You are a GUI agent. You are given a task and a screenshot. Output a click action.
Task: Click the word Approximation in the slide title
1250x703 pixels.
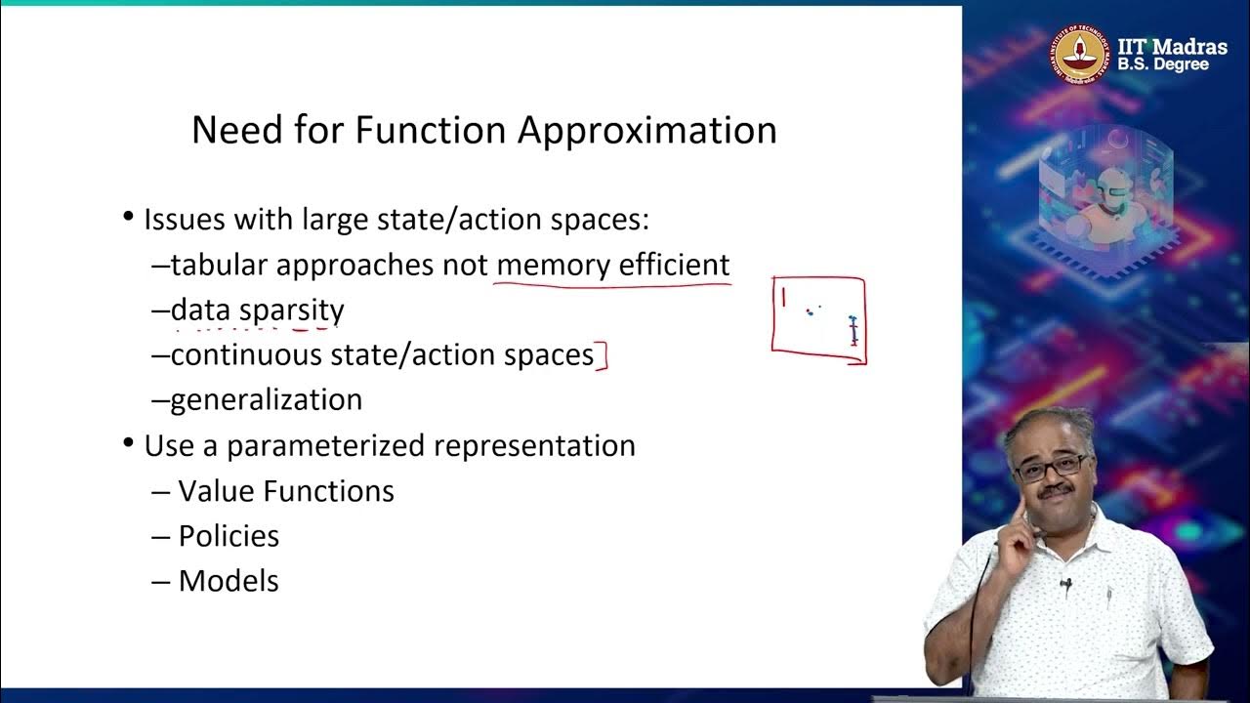coord(646,131)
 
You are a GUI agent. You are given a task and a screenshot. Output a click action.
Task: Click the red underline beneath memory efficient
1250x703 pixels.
coord(612,285)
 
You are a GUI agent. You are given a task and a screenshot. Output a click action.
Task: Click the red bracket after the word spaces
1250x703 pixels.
coord(603,356)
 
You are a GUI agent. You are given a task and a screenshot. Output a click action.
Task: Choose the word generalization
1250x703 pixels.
coord(266,399)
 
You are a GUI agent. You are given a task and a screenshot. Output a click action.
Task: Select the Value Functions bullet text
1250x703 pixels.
coord(286,491)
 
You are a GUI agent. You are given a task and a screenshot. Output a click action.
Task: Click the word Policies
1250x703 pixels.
coord(229,536)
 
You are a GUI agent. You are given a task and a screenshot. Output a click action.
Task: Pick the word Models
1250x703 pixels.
coord(229,581)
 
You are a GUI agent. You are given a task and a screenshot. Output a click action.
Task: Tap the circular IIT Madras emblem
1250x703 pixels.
coord(1080,55)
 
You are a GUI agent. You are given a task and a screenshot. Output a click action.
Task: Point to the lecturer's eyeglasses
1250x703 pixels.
coord(1051,467)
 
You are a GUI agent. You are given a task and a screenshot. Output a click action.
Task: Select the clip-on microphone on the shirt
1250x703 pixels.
coord(1066,585)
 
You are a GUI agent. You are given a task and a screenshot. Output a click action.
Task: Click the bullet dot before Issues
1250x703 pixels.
coord(128,216)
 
